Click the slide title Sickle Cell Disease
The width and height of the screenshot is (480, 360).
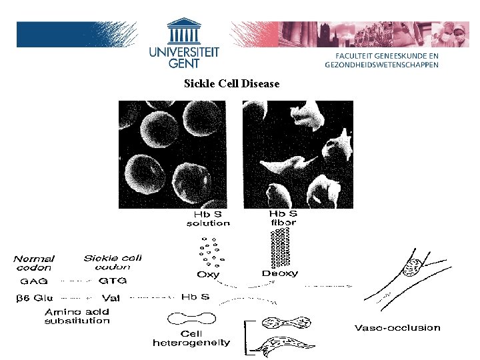231,84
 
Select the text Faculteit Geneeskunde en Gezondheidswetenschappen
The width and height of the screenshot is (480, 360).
381,60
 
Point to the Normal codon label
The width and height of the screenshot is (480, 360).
34,262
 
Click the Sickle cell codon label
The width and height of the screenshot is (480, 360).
112,262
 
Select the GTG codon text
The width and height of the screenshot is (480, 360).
113,281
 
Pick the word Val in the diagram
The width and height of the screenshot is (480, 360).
111,298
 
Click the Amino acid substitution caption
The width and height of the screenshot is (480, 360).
77,316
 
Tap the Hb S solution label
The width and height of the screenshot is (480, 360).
208,219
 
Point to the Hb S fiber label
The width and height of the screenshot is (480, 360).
283,218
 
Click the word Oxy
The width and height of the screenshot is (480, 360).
208,274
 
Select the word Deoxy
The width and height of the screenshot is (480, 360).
280,273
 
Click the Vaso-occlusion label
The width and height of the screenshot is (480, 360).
397,327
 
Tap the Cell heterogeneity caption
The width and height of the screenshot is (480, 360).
191,338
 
